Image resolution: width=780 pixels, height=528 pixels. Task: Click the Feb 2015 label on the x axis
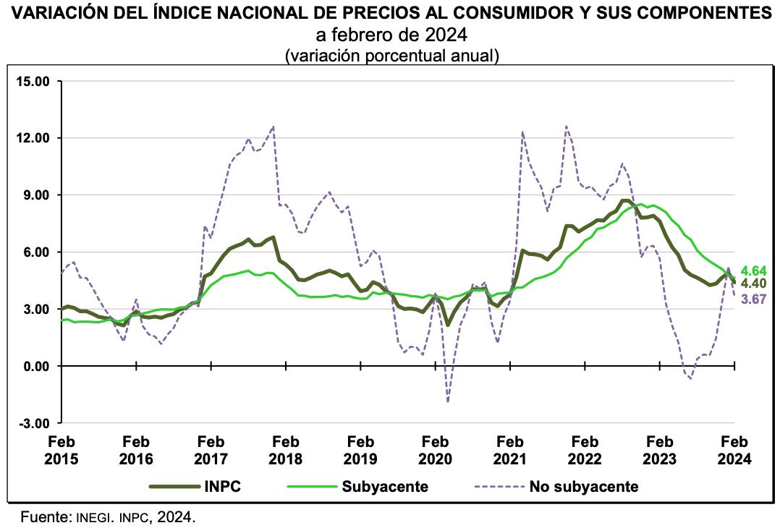click(62, 450)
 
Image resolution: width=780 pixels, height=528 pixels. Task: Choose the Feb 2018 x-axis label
click(286, 450)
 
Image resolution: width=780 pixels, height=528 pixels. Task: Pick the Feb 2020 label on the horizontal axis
click(436, 450)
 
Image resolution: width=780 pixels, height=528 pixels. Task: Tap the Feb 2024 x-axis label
click(734, 450)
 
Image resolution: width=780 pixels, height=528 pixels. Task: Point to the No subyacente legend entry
click(584, 486)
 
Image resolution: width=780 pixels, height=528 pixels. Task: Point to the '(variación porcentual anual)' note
click(391, 55)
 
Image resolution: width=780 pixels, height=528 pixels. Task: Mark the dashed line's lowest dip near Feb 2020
click(448, 401)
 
